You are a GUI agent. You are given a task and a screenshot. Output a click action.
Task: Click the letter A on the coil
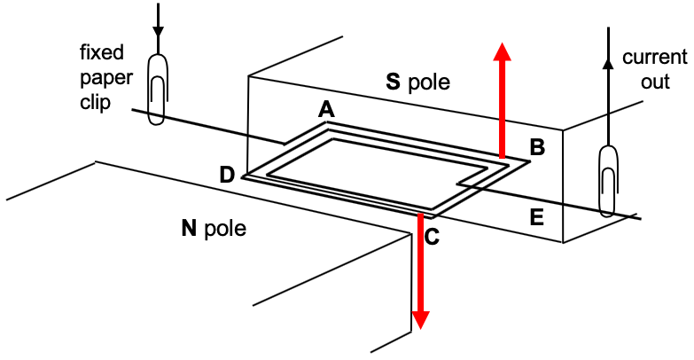click(326, 110)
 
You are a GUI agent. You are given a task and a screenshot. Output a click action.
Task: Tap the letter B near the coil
click(536, 148)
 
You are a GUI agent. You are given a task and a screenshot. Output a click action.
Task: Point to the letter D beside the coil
click(228, 175)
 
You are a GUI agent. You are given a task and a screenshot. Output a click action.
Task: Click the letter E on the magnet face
click(536, 215)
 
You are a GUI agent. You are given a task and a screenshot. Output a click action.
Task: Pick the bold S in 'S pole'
click(393, 82)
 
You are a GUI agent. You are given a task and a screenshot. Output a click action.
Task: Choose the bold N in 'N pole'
click(188, 229)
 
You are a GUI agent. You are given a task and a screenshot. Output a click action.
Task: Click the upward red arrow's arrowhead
click(502, 51)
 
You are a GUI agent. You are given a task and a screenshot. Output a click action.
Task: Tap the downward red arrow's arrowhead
click(421, 318)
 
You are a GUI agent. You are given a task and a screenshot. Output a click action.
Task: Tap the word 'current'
click(654, 59)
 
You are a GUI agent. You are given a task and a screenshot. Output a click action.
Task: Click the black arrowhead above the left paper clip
click(159, 32)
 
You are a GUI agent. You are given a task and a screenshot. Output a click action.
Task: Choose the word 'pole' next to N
click(224, 230)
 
